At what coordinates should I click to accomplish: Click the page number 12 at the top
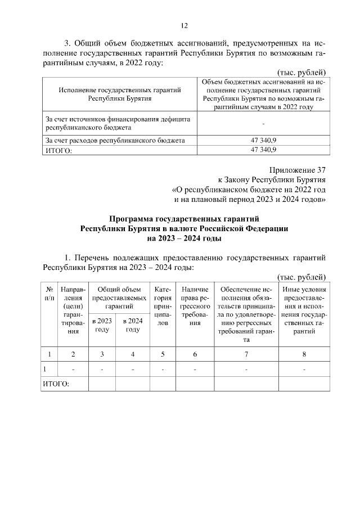[184, 25]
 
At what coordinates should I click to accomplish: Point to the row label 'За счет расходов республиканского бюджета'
[115, 140]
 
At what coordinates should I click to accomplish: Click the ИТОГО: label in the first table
[58, 150]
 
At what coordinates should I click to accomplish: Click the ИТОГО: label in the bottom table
[56, 384]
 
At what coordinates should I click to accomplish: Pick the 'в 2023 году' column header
[102, 325]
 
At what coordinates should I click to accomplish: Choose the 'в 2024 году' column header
[132, 325]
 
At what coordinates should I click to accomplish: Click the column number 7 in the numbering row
[246, 354]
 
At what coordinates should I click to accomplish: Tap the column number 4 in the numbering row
[132, 354]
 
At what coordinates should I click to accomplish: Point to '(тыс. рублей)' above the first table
[303, 73]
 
